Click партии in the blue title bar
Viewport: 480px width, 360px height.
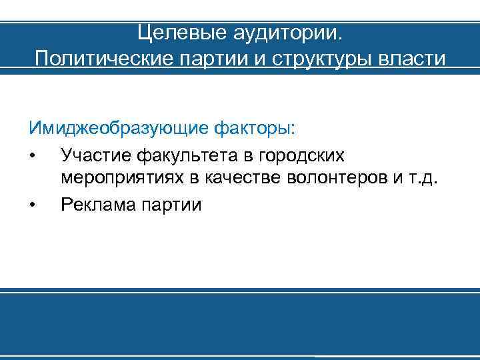pos(210,59)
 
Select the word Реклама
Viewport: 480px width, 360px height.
pos(97,204)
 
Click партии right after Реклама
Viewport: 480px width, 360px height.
pos(170,204)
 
